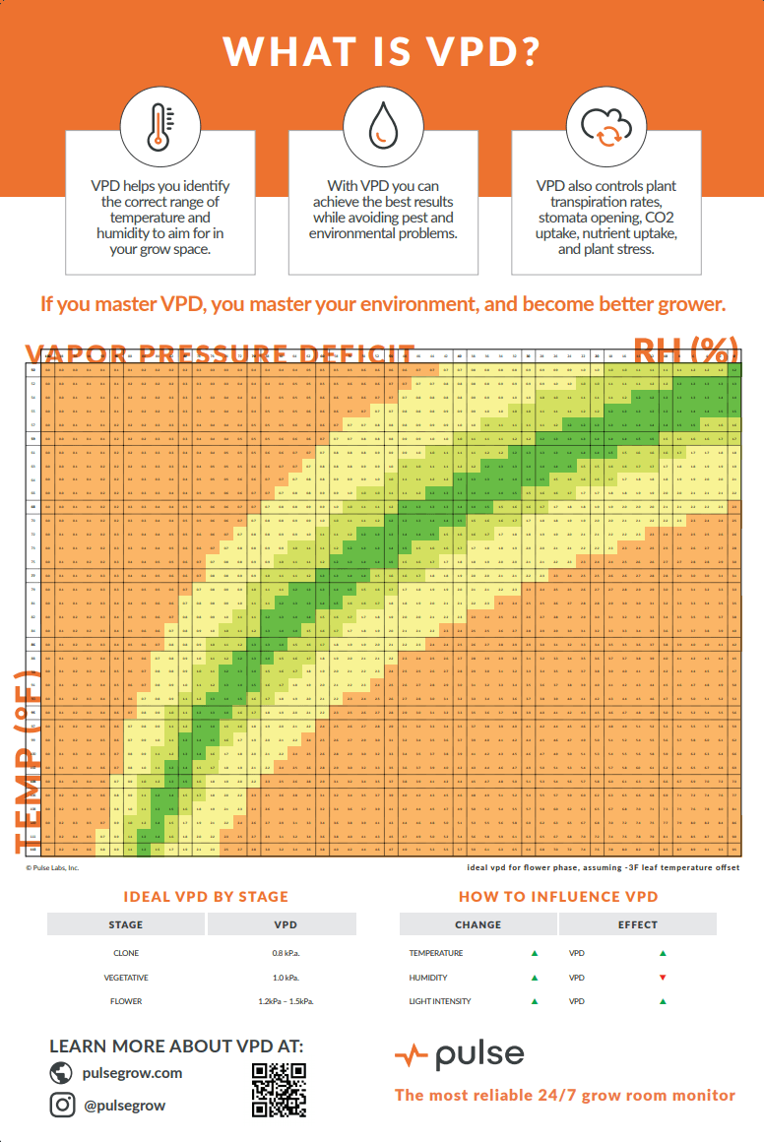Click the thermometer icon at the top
159,127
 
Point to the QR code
280,1091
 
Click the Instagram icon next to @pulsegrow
63,1105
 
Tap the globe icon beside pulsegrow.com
63,1072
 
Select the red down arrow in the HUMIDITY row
663,978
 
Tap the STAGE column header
125,924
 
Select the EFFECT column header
637,924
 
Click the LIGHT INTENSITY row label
440,1001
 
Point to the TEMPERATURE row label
436,953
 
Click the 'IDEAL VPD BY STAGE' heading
206,897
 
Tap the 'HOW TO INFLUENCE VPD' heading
558,897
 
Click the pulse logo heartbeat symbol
411,1056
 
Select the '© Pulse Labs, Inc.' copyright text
52,867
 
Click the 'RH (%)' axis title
685,350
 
